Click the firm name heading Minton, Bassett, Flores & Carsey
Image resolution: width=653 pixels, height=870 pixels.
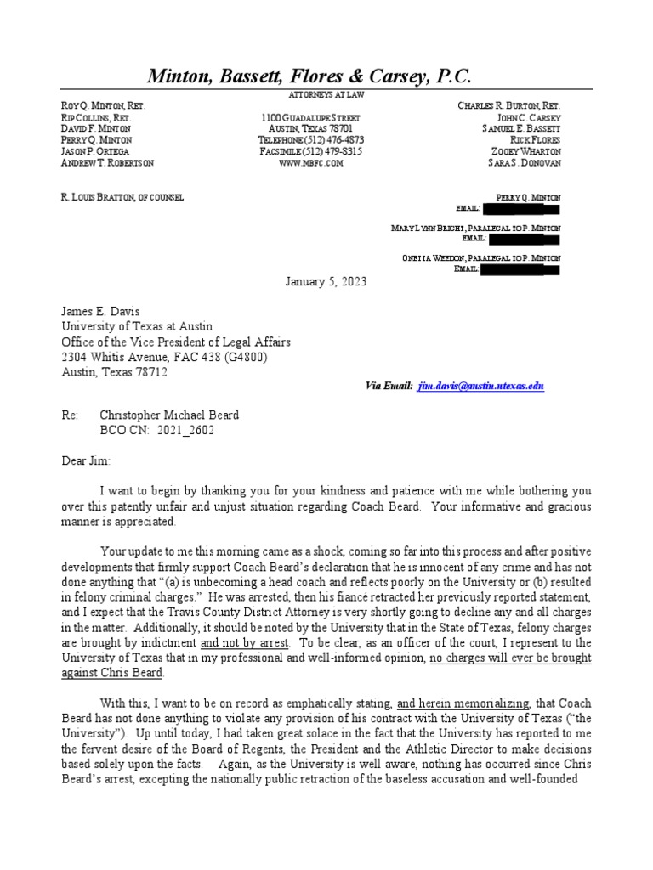[309, 76]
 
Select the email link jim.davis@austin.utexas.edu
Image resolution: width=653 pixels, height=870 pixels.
[480, 386]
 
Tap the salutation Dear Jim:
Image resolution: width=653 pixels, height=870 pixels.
[86, 460]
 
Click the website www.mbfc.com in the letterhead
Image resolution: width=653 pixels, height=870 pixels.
[310, 163]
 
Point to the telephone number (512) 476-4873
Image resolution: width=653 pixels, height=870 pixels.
[310, 139]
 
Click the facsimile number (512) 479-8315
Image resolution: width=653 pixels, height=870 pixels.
[310, 151]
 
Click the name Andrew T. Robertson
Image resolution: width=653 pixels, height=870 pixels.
[107, 163]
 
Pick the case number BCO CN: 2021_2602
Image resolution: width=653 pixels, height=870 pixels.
[157, 431]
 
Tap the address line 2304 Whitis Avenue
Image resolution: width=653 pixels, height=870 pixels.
[164, 357]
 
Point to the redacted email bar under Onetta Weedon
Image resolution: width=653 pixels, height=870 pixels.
[520, 270]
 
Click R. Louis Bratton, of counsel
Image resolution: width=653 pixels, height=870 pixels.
[122, 197]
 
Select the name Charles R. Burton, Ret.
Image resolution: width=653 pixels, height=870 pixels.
[508, 105]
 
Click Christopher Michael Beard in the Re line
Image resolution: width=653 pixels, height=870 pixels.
[169, 415]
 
